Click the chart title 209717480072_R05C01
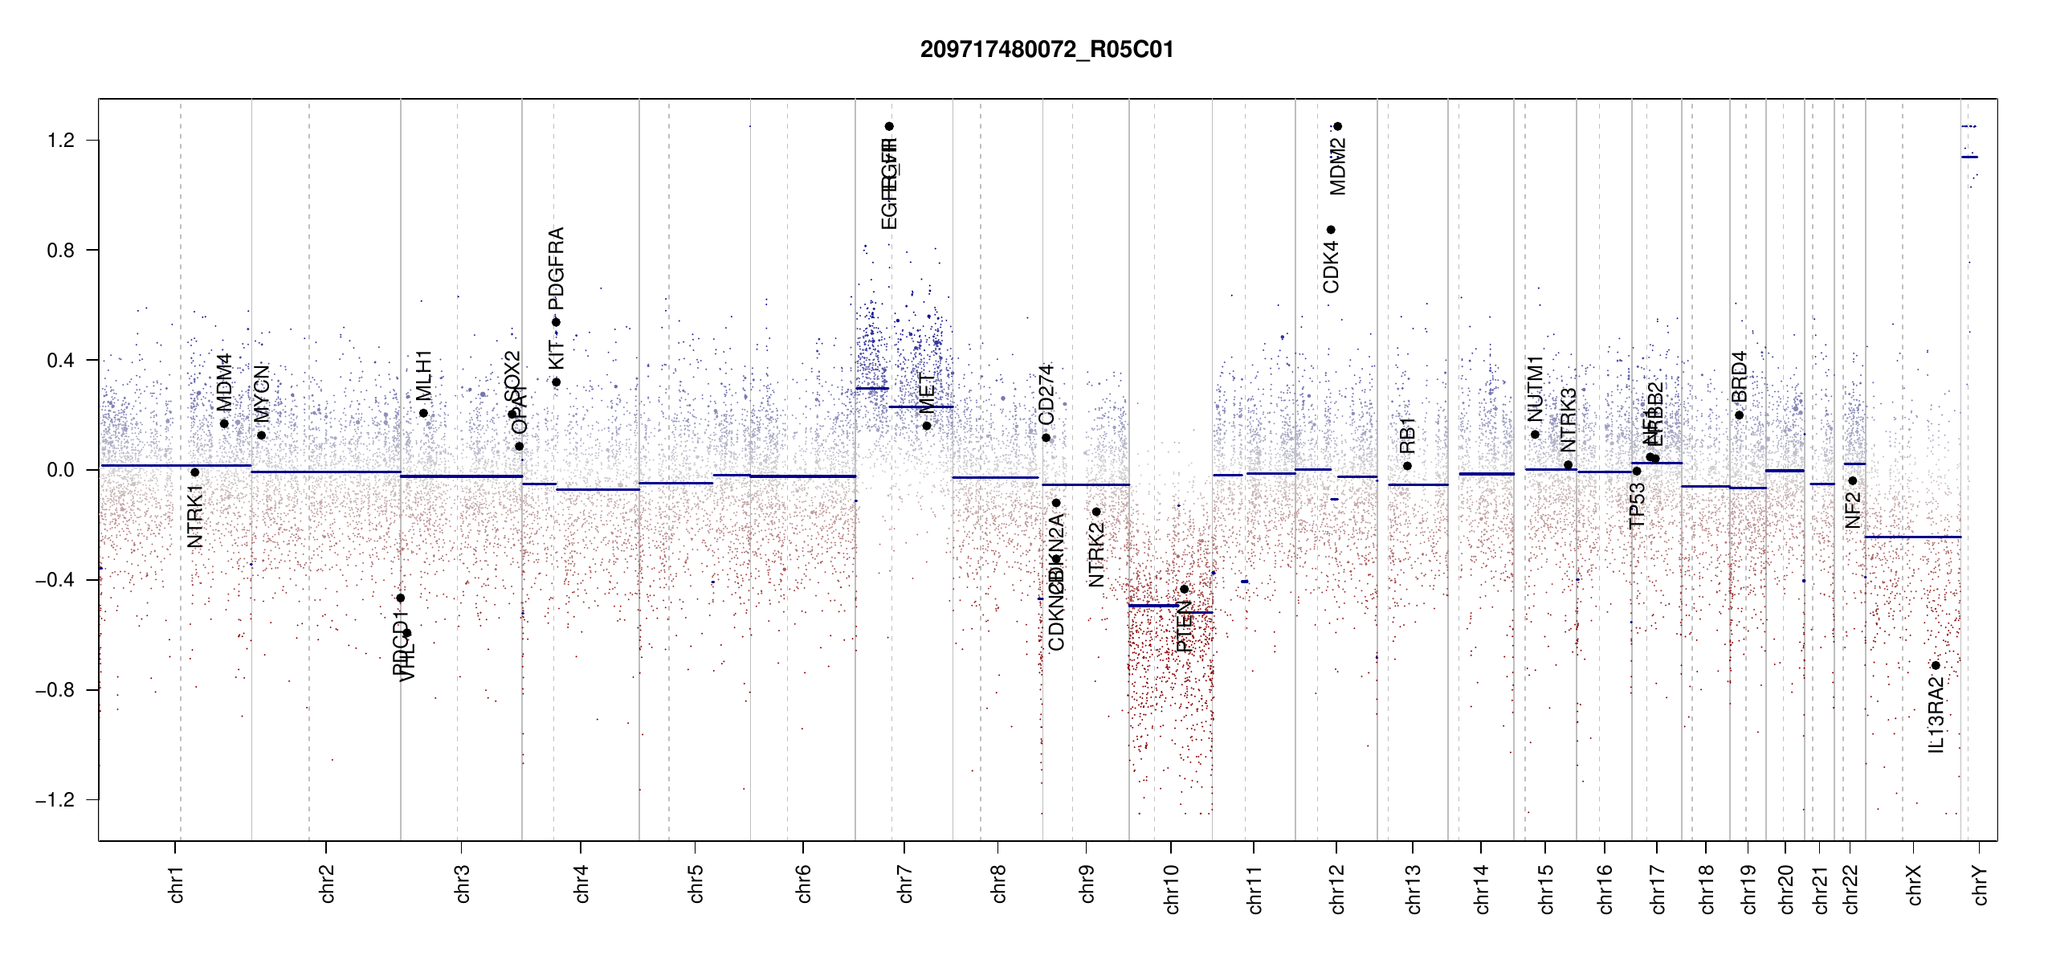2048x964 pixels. coord(1046,50)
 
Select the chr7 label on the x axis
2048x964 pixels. coord(905,884)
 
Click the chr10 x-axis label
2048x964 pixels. coord(1171,888)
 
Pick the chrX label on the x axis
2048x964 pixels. coord(1914,884)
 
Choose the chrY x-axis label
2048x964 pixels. coord(1981,884)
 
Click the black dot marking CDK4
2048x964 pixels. coord(1331,230)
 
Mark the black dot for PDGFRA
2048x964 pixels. coord(556,322)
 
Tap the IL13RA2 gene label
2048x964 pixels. coord(1936,715)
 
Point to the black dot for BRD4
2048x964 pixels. coord(1740,415)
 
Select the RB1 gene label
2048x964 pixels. coord(1407,435)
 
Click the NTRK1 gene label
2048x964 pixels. coord(195,516)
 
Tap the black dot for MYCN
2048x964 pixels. coord(261,435)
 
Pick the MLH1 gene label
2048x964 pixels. coord(424,375)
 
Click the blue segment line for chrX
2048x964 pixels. coord(1912,537)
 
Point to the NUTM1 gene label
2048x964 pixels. coord(1535,389)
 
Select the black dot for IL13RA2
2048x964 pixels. coord(1936,665)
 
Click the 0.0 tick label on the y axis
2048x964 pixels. coord(61,470)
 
